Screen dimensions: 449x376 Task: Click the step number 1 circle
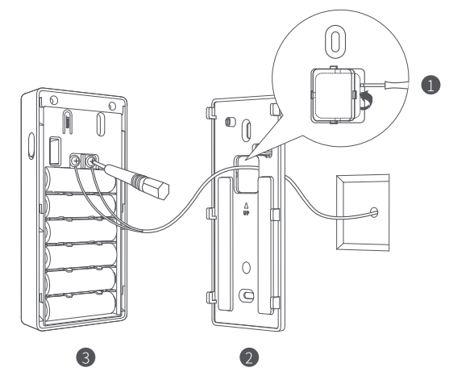pyautogui.click(x=430, y=85)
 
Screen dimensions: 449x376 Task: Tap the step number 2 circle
pyautogui.click(x=249, y=357)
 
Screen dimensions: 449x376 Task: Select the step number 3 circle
pyautogui.click(x=85, y=357)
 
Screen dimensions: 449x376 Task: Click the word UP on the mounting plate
pyautogui.click(x=246, y=213)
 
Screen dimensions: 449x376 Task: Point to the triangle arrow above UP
pyautogui.click(x=246, y=206)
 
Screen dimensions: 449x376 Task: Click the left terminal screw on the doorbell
pyautogui.click(x=76, y=161)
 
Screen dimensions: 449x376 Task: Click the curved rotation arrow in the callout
pyautogui.click(x=367, y=100)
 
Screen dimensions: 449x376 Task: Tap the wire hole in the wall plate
pyautogui.click(x=374, y=212)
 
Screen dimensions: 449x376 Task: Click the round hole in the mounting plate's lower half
pyautogui.click(x=246, y=268)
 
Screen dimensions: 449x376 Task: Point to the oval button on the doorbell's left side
pyautogui.click(x=31, y=145)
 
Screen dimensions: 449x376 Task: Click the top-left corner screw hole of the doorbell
pyautogui.click(x=53, y=100)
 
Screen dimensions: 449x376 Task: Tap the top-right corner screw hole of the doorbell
pyautogui.click(x=112, y=107)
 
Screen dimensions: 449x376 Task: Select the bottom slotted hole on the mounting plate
pyautogui.click(x=246, y=295)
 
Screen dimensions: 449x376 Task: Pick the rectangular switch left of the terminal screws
pyautogui.click(x=56, y=152)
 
